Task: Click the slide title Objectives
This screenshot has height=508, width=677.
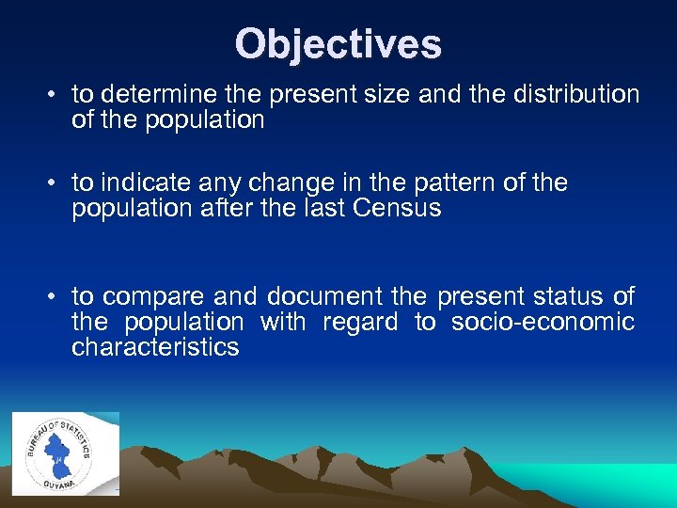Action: pos(338,43)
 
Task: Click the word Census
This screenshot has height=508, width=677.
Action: pos(399,209)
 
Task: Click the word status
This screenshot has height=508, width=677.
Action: pos(569,297)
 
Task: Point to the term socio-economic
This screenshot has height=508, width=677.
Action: pos(543,323)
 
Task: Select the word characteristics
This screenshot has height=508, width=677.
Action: pos(155,348)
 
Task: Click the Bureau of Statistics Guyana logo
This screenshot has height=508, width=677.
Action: pos(65,452)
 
